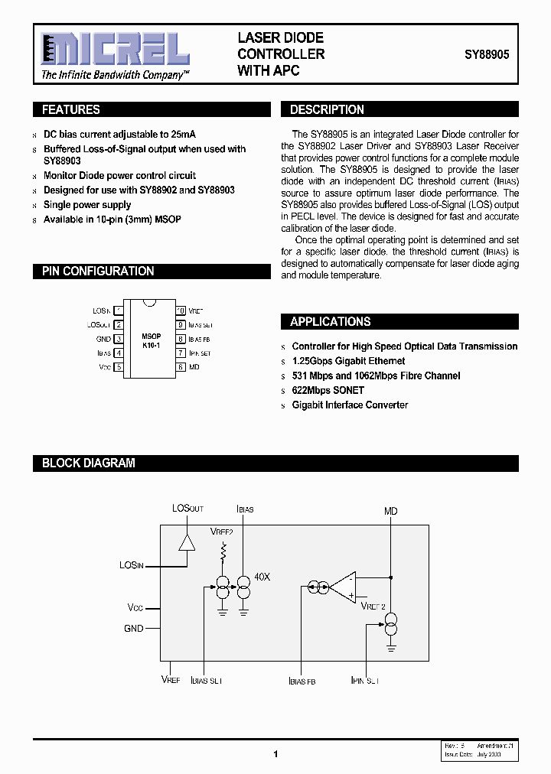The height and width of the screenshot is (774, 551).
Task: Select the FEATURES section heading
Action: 71,109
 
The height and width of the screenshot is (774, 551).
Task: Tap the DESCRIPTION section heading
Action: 327,109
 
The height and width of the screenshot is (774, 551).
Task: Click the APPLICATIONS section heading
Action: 330,321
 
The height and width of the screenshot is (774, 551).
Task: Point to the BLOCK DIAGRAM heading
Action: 88,463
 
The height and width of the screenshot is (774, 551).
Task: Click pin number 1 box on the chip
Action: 119,311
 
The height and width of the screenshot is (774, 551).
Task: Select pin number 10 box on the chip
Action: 181,311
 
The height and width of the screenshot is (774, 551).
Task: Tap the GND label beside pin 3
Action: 103,339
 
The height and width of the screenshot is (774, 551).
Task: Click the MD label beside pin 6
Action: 194,367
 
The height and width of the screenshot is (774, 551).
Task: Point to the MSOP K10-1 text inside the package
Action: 151,340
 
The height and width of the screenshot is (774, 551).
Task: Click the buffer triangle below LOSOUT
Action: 186,541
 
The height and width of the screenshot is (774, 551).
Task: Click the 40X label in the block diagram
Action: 262,577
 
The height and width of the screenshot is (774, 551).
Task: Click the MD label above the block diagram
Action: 390,511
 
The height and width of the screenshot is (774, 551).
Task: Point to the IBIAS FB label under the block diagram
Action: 302,680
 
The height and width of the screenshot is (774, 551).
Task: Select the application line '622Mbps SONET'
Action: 328,390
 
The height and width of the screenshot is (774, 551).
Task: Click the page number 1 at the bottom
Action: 275,754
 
